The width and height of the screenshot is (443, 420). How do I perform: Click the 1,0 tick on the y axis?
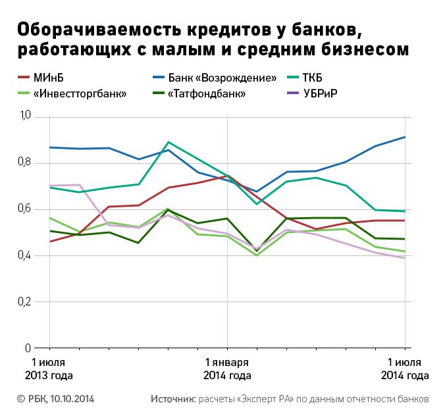coord(25,117)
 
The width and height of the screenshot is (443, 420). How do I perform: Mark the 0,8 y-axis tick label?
coord(25,163)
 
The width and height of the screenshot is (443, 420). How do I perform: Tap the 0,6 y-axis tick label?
coord(25,209)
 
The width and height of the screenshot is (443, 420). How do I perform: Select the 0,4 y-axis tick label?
coord(25,255)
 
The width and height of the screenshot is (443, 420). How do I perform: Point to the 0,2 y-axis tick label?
coord(25,302)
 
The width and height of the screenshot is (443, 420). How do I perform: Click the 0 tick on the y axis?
coord(28,348)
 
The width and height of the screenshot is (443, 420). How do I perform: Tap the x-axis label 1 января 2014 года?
coord(227,369)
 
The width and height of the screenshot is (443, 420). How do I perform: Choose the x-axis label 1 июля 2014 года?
coord(405,369)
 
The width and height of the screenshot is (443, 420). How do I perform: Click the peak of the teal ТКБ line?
coord(169,142)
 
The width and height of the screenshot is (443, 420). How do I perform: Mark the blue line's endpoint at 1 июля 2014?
coord(404,137)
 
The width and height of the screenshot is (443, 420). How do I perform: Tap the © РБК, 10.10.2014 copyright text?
coord(57,399)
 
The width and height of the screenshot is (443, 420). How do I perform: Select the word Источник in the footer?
coord(173,399)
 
